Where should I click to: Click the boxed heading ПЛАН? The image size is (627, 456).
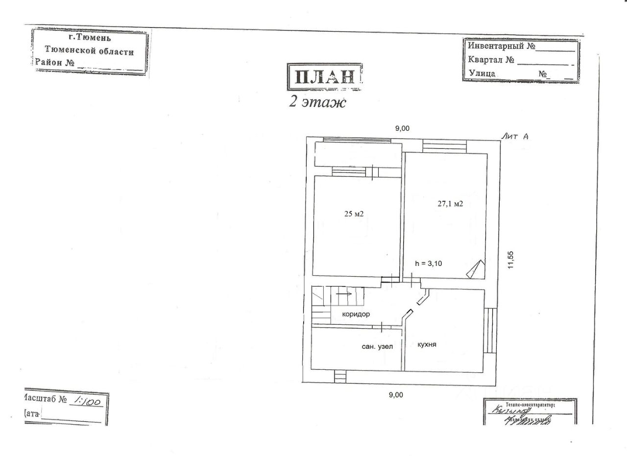pos(324,77)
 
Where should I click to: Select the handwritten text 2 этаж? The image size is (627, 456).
pos(317,103)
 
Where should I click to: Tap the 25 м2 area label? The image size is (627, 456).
pos(353,214)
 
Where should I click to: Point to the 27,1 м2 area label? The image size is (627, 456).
pos(450,204)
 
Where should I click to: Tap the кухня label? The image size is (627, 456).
pos(427,344)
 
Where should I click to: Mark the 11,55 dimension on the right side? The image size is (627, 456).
pos(511,260)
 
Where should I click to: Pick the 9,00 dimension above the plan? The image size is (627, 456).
pos(402,128)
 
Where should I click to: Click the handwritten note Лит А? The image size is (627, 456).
pos(514,137)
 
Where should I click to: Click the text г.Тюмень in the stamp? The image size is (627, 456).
pos(90,37)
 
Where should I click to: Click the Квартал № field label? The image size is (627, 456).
pos(491,60)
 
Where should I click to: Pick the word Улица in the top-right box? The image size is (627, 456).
pos(482,73)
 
